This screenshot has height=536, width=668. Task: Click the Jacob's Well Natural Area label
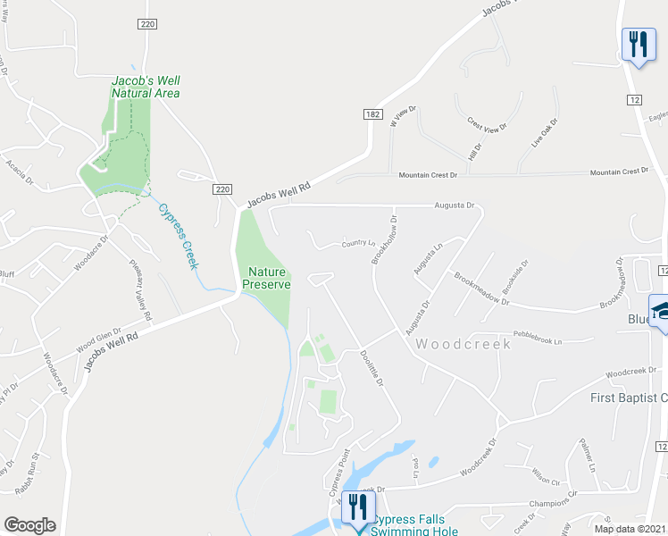(x=146, y=87)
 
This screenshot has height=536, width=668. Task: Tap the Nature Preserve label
(x=267, y=278)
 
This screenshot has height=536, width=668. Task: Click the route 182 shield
(x=372, y=113)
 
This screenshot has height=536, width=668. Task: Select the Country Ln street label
(x=358, y=243)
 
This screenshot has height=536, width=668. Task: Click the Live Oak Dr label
(x=544, y=133)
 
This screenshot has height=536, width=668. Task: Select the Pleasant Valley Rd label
(x=141, y=291)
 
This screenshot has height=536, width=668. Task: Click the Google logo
(x=29, y=525)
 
